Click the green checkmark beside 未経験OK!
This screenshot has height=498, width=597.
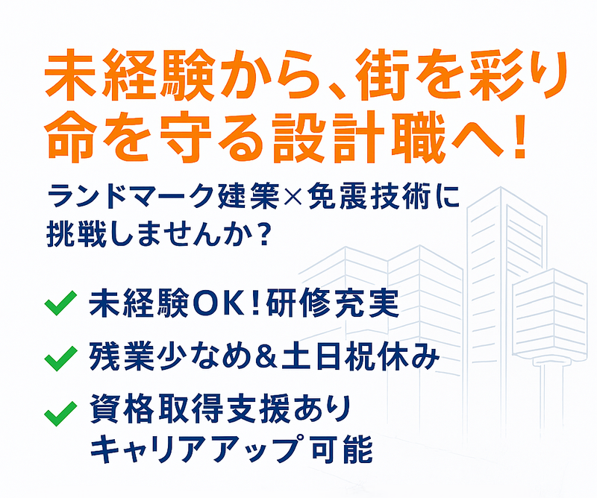coord(60,303)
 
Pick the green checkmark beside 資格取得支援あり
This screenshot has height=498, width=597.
coord(60,411)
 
